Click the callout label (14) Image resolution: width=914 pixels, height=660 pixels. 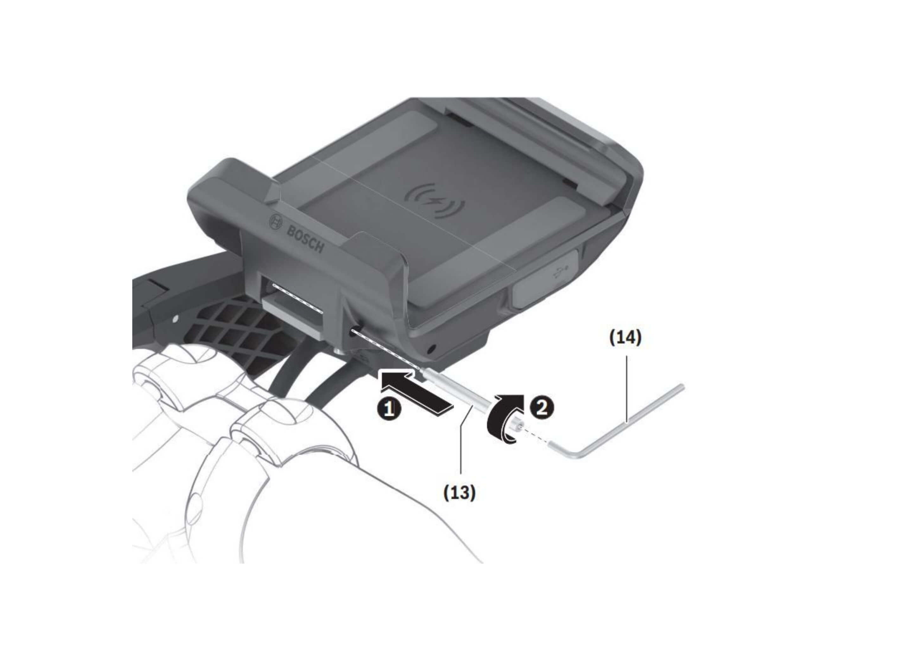tap(624, 338)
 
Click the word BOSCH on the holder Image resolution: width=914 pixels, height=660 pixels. tap(305, 239)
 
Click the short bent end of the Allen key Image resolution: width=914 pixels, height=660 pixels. tap(562, 451)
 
